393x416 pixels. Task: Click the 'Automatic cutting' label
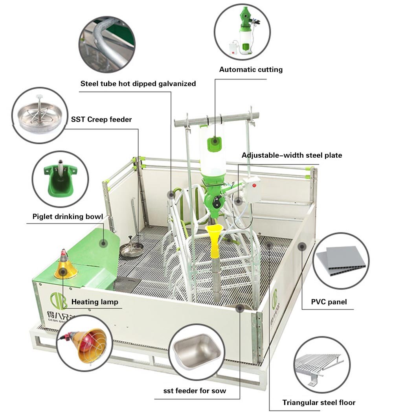point(251,70)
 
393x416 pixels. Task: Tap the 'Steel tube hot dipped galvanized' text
point(138,84)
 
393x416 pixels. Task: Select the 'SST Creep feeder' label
point(101,119)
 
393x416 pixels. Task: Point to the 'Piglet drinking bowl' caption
point(68,217)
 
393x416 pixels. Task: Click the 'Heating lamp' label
point(95,302)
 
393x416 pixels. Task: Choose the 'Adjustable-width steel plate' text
point(292,155)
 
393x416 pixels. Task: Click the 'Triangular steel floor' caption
point(319,402)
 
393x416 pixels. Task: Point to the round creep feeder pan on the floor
point(131,250)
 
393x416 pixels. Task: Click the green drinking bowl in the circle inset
point(59,179)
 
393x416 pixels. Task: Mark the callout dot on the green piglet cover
point(103,243)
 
